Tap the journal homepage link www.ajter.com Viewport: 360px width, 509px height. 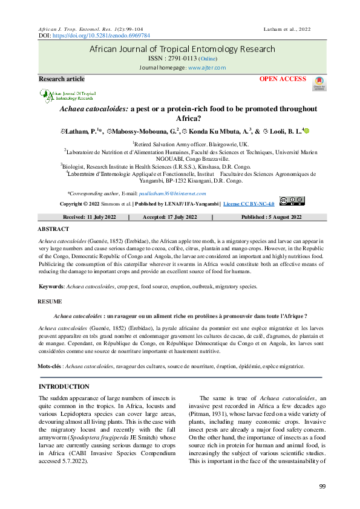[x=206, y=68]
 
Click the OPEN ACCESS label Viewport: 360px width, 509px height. [x=283, y=80]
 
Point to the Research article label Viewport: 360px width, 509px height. [x=62, y=79]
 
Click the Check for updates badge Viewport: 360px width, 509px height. [x=318, y=84]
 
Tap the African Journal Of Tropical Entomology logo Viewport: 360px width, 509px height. [x=68, y=96]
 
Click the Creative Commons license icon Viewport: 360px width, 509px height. [x=292, y=202]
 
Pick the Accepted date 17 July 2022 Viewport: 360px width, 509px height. [x=170, y=216]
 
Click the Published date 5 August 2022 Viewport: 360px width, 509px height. [x=271, y=216]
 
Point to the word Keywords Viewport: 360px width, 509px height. [x=50, y=287]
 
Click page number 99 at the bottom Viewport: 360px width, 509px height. [x=322, y=487]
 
